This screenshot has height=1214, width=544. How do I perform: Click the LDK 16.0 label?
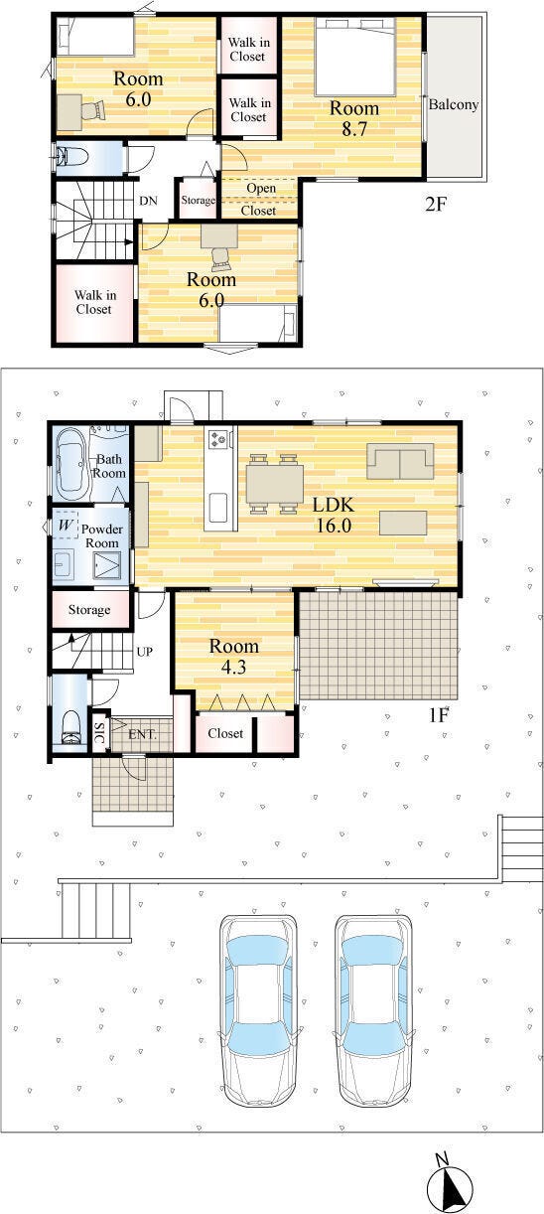(x=334, y=515)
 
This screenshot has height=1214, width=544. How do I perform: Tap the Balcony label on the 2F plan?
(x=454, y=104)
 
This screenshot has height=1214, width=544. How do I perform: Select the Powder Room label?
(x=102, y=536)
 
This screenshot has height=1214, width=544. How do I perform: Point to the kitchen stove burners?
(x=219, y=438)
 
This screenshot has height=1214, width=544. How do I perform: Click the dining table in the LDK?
(x=274, y=484)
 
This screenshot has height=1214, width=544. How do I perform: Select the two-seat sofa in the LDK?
(x=401, y=461)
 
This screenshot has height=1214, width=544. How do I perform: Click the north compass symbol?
(x=450, y=1186)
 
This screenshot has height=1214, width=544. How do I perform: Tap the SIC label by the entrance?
(x=99, y=731)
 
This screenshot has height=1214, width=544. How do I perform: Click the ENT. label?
(x=142, y=735)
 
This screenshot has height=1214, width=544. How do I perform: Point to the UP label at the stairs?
(x=145, y=652)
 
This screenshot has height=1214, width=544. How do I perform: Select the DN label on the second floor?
(x=148, y=201)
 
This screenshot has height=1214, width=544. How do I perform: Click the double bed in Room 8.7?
(x=355, y=57)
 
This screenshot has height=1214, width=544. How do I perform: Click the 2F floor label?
(x=436, y=204)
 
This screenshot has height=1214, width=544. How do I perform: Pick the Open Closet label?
(x=260, y=199)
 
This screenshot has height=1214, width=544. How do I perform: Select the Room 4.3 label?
(x=234, y=657)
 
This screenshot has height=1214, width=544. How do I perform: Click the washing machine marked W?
(x=66, y=525)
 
